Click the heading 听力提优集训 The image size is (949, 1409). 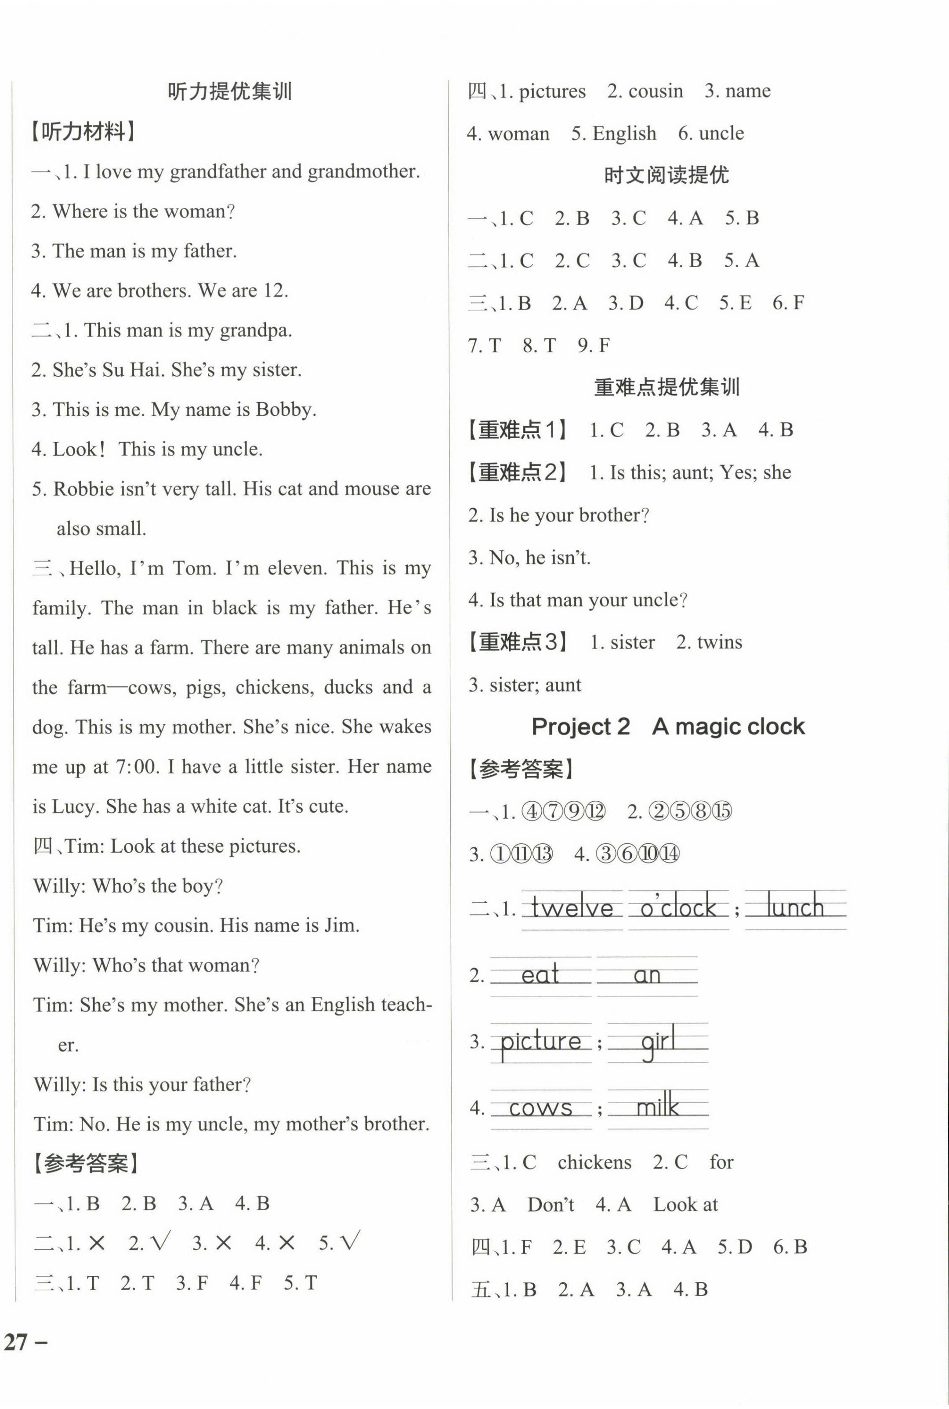pyautogui.click(x=229, y=91)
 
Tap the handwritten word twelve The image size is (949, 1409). pyautogui.click(x=572, y=908)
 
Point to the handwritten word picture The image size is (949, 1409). pyautogui.click(x=540, y=1042)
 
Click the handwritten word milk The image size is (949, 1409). pyautogui.click(x=657, y=1107)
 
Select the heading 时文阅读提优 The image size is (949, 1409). pyautogui.click(x=666, y=175)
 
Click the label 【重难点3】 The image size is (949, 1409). pyautogui.click(x=518, y=642)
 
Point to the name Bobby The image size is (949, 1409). pyautogui.click(x=286, y=410)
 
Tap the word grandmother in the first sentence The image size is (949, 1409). pyautogui.click(x=363, y=171)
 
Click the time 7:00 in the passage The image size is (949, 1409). pyautogui.click(x=136, y=767)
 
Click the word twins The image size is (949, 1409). pyautogui.click(x=719, y=642)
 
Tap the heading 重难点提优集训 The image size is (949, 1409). pyautogui.click(x=666, y=387)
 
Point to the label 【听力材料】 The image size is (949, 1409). pyautogui.click(x=83, y=131)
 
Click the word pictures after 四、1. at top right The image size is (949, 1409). pyautogui.click(x=552, y=91)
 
